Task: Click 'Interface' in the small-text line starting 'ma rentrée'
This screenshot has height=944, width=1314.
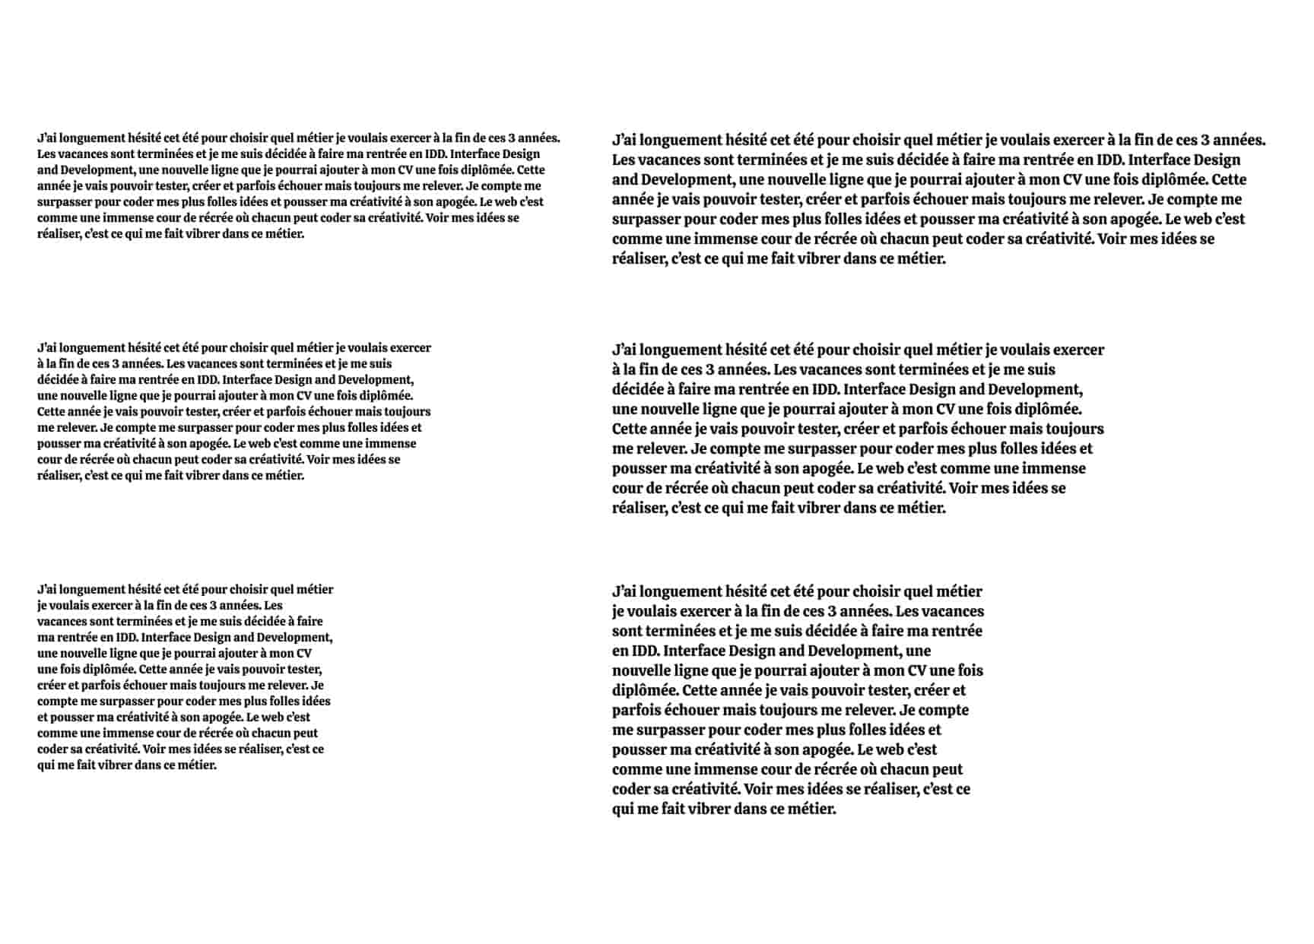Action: pyautogui.click(x=167, y=637)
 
